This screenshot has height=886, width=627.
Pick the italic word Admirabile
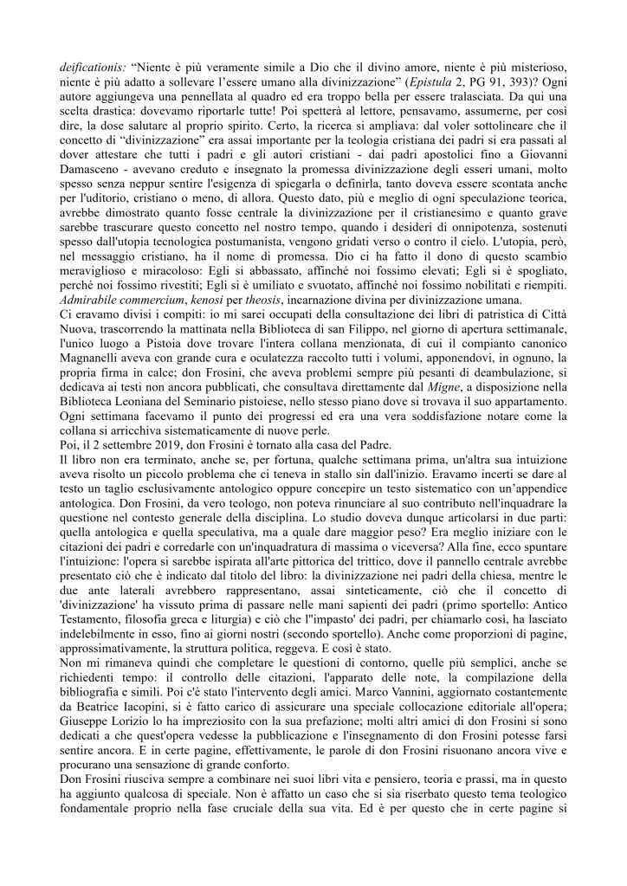91,301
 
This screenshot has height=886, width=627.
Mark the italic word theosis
263,301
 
